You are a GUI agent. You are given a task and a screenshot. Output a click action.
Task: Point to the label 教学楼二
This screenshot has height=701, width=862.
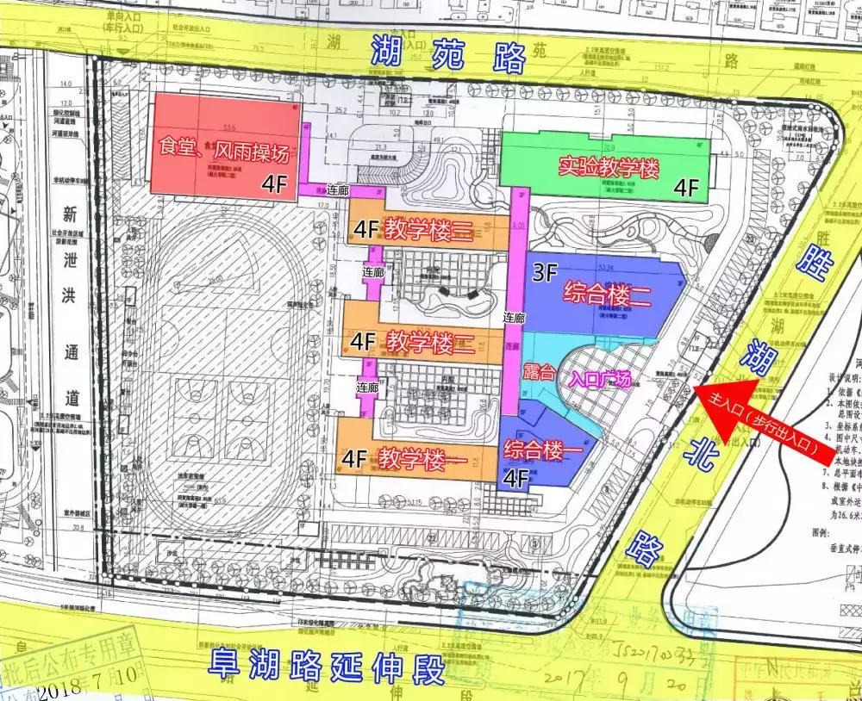point(429,342)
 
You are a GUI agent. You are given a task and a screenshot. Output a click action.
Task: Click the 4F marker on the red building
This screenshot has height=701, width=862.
point(274,183)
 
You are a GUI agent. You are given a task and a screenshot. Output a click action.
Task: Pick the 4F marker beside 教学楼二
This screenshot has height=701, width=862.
point(363,342)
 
